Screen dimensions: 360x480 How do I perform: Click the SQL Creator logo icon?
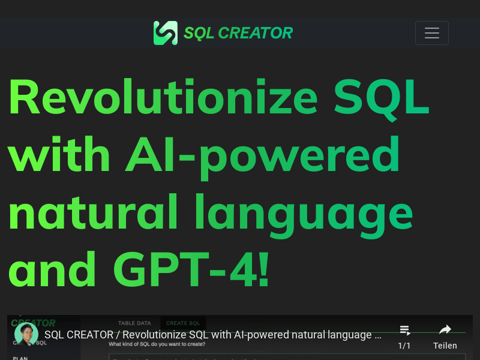(165, 33)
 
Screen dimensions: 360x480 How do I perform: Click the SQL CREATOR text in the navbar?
(238, 33)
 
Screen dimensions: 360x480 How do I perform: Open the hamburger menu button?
(432, 33)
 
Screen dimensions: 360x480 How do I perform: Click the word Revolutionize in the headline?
(163, 98)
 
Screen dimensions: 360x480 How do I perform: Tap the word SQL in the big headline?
(382, 98)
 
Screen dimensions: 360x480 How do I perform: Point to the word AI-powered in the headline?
(263, 155)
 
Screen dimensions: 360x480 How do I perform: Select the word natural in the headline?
(94, 212)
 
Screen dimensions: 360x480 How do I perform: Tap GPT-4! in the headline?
(191, 269)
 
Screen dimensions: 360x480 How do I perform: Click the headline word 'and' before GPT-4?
(52, 269)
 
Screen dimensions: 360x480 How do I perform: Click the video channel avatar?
(26, 334)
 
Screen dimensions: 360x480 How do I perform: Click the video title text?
(213, 335)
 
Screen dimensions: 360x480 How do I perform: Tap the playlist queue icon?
(405, 330)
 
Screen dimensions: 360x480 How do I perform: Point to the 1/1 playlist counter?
(404, 346)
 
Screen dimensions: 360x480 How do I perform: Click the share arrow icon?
(445, 329)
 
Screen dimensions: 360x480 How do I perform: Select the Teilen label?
(445, 346)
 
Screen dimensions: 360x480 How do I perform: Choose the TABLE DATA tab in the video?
(134, 323)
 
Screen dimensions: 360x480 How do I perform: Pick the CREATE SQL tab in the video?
(183, 323)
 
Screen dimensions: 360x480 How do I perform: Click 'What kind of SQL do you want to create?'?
(157, 344)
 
